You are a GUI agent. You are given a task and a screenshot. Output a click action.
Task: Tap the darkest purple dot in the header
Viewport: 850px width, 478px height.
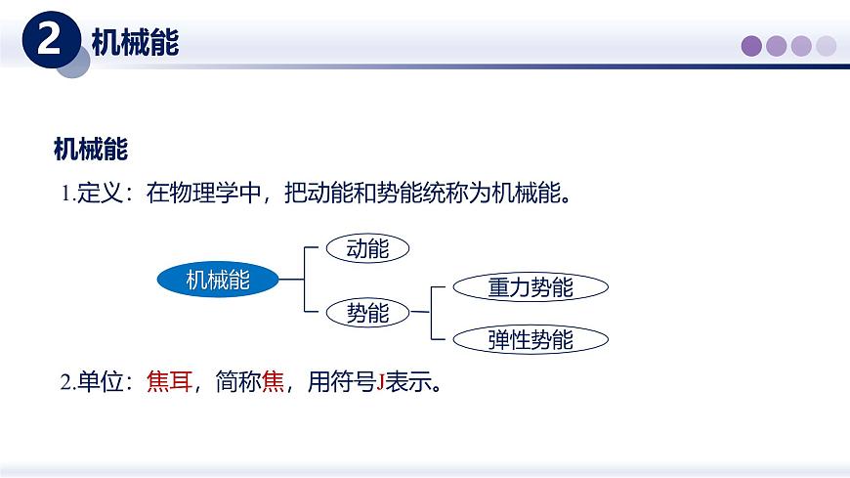coord(751,46)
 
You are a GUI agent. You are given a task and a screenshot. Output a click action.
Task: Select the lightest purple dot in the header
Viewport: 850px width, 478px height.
coord(827,46)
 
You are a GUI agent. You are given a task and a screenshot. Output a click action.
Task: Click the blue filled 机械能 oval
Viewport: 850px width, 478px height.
coord(218,281)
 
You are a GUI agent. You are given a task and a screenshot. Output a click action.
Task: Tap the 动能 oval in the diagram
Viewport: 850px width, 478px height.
coord(367,249)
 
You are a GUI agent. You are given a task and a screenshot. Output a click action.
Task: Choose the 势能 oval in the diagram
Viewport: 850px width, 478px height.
coord(367,313)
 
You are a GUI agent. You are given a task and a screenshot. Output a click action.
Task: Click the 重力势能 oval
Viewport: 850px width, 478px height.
coord(531,287)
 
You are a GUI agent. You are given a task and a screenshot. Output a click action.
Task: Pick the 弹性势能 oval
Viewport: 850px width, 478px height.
coord(531,339)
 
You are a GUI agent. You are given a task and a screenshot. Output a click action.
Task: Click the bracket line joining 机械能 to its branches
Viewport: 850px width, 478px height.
coord(304,281)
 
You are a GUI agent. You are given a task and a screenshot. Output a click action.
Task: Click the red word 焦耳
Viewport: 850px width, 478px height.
coord(169,382)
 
